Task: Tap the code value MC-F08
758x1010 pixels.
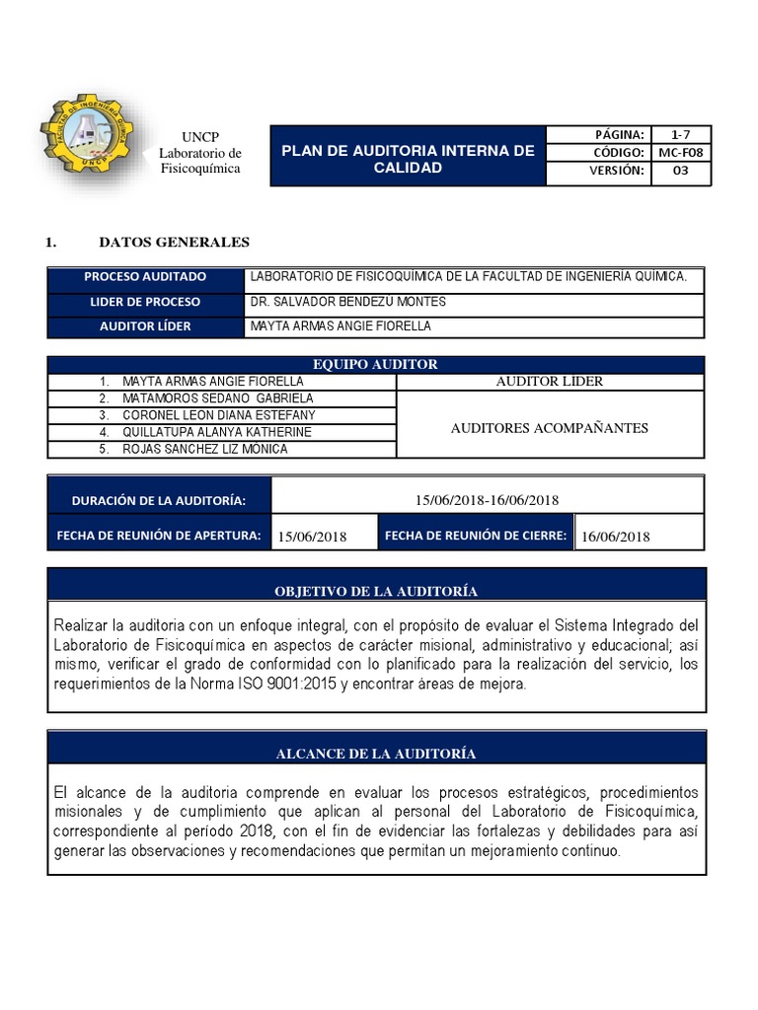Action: point(680,152)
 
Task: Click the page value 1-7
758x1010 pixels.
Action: point(680,134)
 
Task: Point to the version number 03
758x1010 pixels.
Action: point(680,171)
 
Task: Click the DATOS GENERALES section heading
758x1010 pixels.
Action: point(174,242)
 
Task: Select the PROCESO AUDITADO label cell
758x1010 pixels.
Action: point(145,277)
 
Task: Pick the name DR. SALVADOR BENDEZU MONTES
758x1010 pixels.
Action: point(348,302)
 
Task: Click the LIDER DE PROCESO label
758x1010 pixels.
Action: point(145,302)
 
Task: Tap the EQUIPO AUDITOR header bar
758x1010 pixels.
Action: point(375,364)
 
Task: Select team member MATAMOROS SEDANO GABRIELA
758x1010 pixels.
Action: point(218,397)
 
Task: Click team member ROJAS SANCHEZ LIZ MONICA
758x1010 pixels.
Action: point(205,449)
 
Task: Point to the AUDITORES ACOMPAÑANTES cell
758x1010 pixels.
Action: point(549,428)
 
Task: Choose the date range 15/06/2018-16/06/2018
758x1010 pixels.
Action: point(487,500)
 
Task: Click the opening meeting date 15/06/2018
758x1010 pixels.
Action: point(312,537)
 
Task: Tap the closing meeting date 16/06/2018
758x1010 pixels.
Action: point(616,537)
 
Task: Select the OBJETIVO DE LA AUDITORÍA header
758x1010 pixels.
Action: point(376,591)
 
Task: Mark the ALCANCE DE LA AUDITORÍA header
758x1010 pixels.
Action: point(376,754)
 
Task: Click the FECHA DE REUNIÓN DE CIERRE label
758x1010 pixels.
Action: point(476,536)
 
